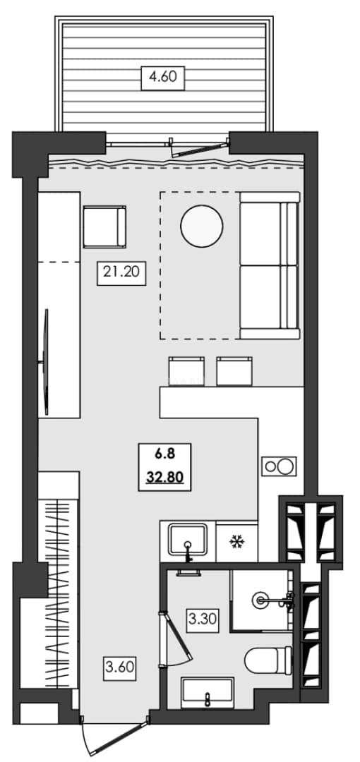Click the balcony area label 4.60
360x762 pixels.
(x=162, y=78)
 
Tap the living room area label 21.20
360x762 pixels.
(x=121, y=273)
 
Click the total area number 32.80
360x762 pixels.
(x=164, y=477)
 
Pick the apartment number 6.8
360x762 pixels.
(x=164, y=454)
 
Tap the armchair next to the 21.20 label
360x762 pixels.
(x=104, y=226)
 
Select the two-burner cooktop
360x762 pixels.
(x=280, y=466)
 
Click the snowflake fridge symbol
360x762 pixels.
(x=236, y=541)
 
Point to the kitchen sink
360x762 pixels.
(x=188, y=540)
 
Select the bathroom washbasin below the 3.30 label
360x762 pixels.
(x=208, y=693)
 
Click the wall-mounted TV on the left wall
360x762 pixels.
(x=46, y=361)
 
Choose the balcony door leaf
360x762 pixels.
(x=200, y=150)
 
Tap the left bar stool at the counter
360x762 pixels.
(x=186, y=371)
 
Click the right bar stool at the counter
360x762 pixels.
(x=234, y=371)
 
